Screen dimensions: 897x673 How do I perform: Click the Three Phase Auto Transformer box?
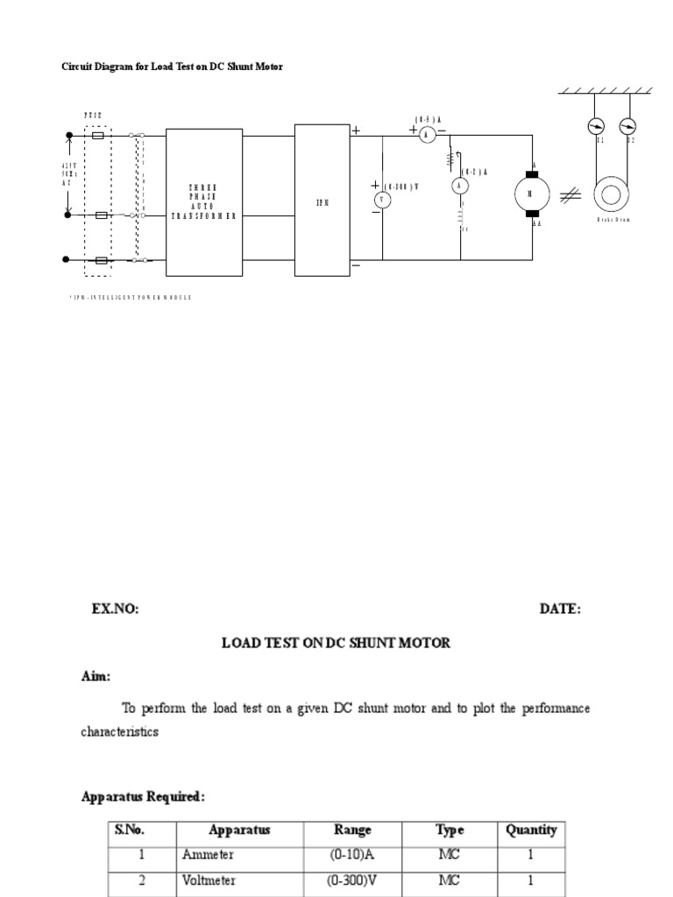coord(204,202)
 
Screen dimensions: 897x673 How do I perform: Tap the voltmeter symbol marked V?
coord(382,200)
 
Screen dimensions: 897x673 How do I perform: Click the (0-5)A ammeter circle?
coord(427,134)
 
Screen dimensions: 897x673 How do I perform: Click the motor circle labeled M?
coord(531,194)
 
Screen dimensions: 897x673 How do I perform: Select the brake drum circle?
coord(612,194)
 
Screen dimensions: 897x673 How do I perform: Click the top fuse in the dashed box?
coord(99,136)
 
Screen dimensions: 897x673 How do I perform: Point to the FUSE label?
coord(93,115)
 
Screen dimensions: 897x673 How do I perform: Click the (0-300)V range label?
coord(401,186)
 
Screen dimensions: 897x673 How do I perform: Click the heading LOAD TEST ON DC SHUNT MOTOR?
coord(336,643)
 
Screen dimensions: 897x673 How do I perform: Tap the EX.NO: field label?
coord(115,609)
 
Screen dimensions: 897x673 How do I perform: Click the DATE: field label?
coord(559,609)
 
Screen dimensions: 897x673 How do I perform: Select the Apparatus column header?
coord(239,830)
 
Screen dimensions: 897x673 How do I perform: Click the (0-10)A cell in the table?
coord(352,855)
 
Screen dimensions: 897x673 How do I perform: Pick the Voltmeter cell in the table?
coord(209,881)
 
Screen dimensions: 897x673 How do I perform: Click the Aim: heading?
coord(96,676)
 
